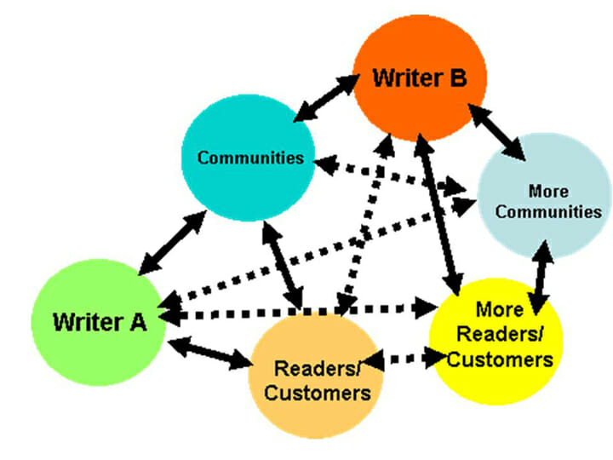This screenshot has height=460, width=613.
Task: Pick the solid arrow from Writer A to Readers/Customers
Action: pyautogui.click(x=209, y=355)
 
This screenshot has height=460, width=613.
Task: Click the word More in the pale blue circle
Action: pyautogui.click(x=547, y=191)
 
